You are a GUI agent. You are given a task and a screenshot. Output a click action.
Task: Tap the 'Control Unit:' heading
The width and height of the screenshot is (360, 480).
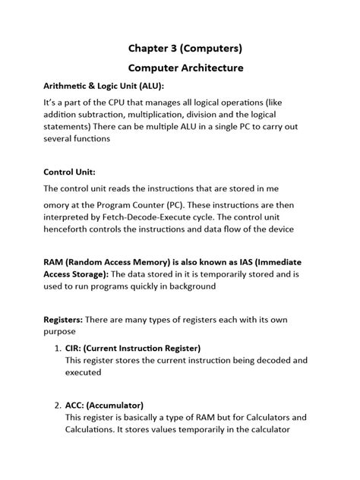[x=70, y=172]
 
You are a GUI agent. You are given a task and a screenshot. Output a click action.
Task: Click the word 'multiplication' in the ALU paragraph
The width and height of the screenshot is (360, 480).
[x=168, y=113]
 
